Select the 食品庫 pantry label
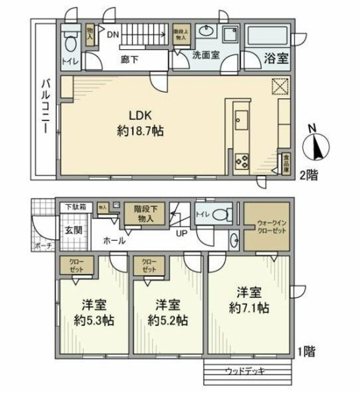tap(286, 164)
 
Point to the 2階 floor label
tap(308, 175)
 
